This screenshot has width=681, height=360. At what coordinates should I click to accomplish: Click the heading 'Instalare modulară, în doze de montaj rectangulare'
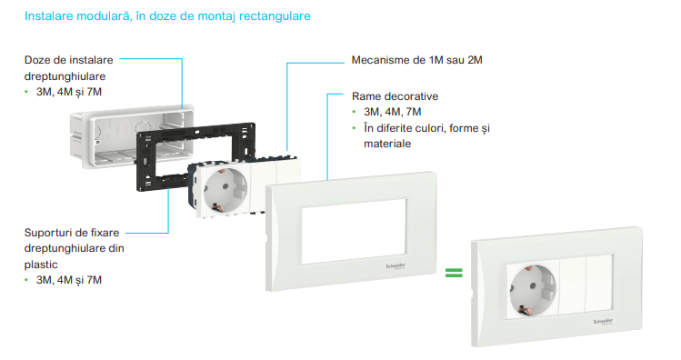tap(167, 16)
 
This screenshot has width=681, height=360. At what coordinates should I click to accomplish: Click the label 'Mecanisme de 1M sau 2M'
tap(417, 60)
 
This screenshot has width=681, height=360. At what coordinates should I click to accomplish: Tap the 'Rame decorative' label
tap(395, 96)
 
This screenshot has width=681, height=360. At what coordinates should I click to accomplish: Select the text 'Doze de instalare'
tap(68, 60)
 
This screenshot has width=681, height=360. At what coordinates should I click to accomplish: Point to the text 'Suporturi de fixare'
tap(72, 233)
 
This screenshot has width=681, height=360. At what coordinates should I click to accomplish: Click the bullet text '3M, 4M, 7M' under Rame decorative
tap(392, 112)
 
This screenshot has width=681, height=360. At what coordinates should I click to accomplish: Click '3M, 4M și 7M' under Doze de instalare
tap(68, 92)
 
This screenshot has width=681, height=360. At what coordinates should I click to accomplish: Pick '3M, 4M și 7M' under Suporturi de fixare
tap(68, 280)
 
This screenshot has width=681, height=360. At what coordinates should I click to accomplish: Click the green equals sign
tap(454, 273)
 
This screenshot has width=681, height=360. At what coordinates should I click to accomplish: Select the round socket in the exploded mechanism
tap(225, 191)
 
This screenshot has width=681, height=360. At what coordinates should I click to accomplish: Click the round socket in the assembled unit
tap(533, 290)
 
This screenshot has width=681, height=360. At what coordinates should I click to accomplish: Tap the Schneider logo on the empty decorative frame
tap(396, 266)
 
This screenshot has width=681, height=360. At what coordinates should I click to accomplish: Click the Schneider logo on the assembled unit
tap(603, 321)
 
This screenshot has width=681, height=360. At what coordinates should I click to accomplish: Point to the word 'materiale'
tap(387, 144)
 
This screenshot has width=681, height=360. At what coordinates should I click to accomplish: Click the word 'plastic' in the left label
tap(41, 265)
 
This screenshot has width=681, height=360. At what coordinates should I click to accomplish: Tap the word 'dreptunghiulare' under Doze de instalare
tap(65, 76)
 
